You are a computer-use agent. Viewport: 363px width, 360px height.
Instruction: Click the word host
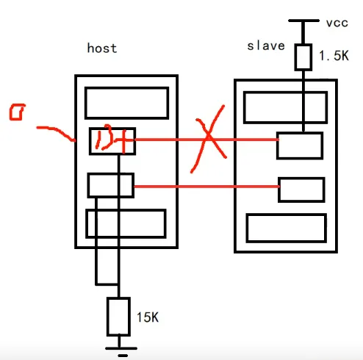[102, 48]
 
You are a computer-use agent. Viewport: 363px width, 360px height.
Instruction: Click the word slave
[265, 46]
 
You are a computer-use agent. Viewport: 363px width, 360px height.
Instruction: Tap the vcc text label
[337, 23]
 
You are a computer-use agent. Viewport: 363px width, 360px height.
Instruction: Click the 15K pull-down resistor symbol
[118, 317]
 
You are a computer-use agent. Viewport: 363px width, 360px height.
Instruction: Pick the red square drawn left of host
[17, 113]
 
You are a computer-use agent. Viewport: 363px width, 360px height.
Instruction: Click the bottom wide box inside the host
[126, 223]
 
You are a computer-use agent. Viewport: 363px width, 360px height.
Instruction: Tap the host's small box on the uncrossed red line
[110, 185]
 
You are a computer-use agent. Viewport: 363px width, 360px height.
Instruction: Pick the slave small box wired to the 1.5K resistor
[299, 145]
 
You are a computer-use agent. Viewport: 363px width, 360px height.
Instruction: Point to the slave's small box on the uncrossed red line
[301, 189]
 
